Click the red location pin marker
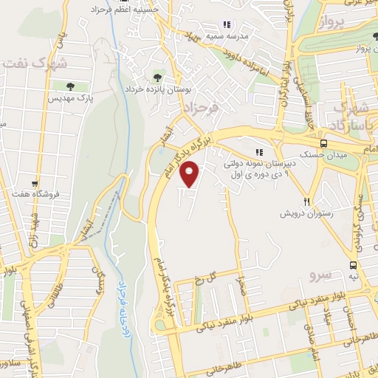pos(191,175)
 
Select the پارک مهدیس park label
pos(71,97)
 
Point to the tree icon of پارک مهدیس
pos(71,86)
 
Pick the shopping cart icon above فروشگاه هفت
pos(34,182)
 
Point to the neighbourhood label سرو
pos(322,275)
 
